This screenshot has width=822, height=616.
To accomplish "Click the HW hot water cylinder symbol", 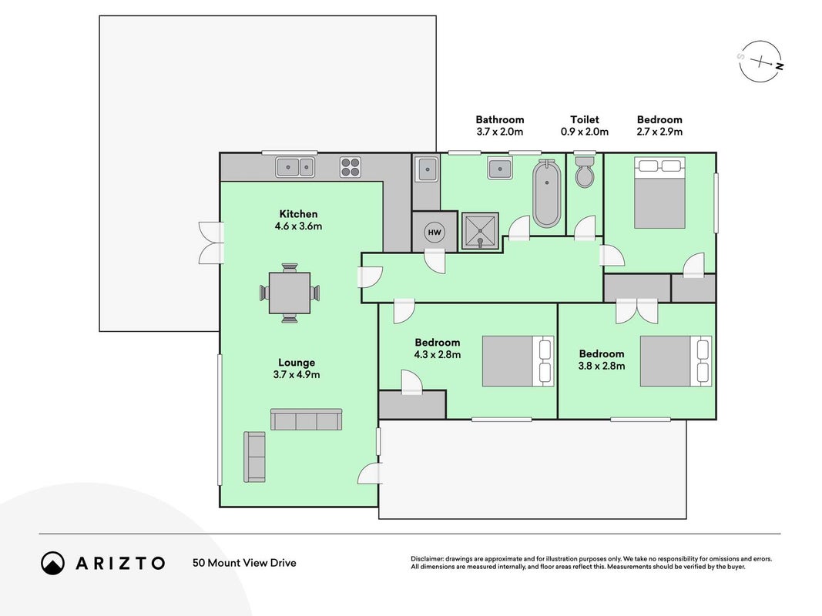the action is pos(434,232).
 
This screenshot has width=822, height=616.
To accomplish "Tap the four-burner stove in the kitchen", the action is pos(351,167).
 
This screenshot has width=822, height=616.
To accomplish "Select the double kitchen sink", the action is pos(295,167).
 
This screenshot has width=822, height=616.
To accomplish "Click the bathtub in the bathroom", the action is pos(547,193).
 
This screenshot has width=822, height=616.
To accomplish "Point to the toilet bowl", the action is pos(585,171).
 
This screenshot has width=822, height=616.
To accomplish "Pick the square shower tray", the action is pos(480,231).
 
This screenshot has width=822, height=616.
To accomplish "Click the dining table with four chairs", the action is pos(290,293).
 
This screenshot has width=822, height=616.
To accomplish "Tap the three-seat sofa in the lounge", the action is pos(306,420).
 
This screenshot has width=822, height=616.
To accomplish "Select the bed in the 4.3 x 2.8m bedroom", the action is pos(518,361).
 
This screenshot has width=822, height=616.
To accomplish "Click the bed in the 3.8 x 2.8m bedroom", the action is pos(676,361).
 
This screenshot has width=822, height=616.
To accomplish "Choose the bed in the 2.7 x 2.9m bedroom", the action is pos(659,192).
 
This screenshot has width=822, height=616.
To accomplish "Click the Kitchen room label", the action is pos(298,214).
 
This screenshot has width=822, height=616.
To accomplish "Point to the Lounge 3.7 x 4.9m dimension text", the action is pos(296,374).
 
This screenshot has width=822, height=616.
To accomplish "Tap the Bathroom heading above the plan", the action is pos(500,119).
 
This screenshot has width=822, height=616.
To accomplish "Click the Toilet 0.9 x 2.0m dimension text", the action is pos(585,132).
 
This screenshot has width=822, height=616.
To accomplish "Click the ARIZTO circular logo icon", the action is pos(52,563).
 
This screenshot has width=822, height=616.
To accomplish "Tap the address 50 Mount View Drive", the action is pos(244,563).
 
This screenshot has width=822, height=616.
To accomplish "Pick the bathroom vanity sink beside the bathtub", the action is pos(500,169).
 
